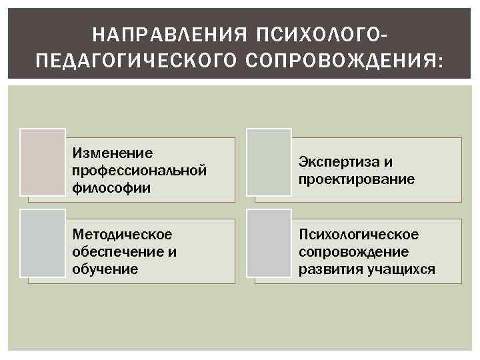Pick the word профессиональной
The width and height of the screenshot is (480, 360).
click(139, 171)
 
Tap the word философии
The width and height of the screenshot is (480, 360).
click(102, 188)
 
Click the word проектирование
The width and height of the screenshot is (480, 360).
click(357, 179)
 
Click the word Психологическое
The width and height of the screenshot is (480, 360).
click(359, 235)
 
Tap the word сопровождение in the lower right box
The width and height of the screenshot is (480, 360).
click(354, 252)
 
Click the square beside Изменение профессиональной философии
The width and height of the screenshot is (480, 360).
click(43, 162)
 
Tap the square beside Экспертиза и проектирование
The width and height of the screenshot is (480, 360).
click(269, 162)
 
